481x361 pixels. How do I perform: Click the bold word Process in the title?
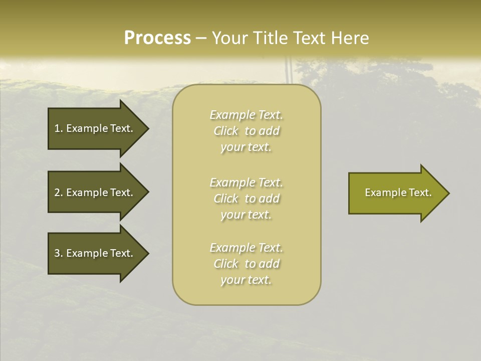point(157,38)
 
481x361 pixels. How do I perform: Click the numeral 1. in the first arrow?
point(58,128)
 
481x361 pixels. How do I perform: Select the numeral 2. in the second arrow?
point(58,193)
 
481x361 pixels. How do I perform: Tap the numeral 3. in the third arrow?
point(58,253)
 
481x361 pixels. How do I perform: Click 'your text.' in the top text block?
point(246,147)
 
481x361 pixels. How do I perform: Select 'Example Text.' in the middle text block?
point(246,182)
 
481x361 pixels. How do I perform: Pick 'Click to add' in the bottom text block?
point(246,264)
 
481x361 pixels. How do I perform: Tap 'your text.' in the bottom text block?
point(246,280)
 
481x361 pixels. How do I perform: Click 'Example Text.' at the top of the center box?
point(246,115)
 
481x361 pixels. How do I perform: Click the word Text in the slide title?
point(310,38)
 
